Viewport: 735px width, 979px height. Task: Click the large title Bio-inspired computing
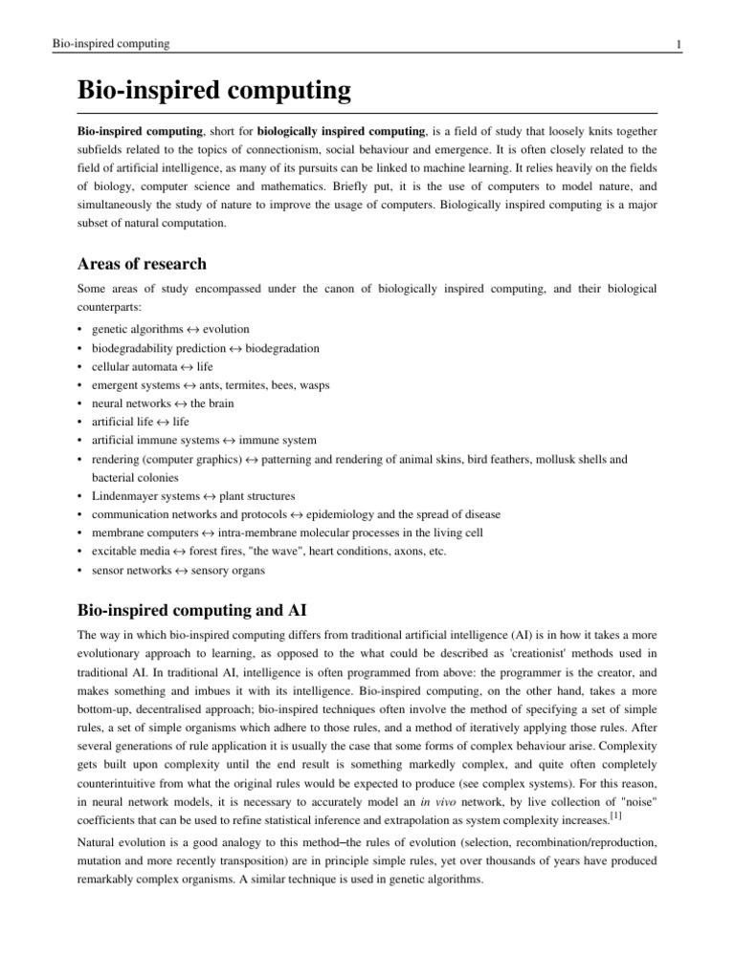(213, 92)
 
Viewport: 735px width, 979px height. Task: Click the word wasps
(311, 384)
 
